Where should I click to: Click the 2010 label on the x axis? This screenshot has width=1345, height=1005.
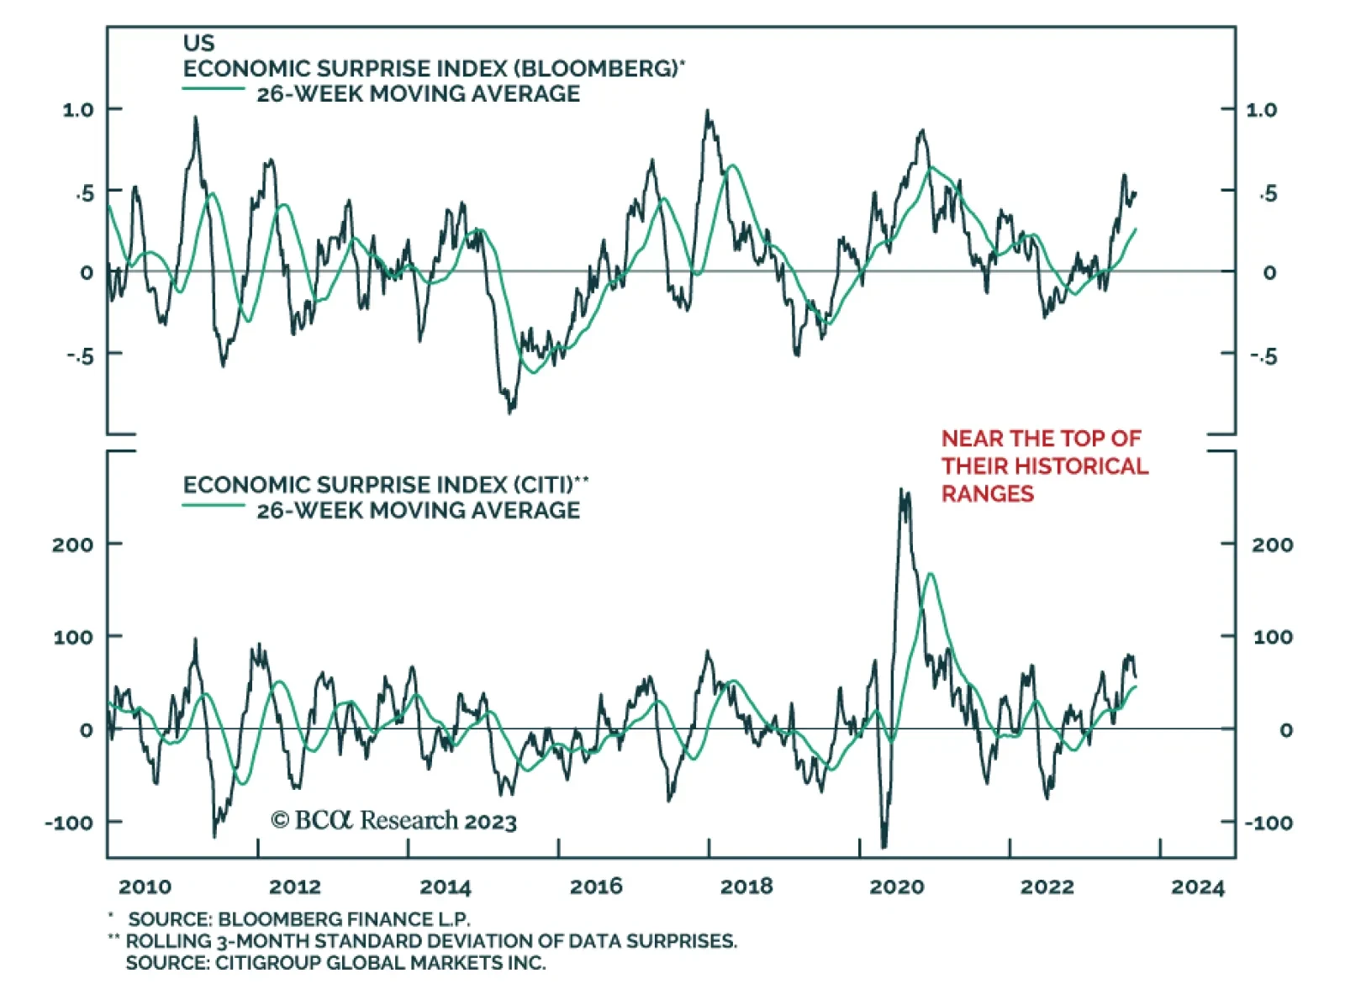click(145, 887)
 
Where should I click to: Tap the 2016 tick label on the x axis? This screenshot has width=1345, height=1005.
click(596, 887)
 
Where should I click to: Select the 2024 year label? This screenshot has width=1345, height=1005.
click(1198, 887)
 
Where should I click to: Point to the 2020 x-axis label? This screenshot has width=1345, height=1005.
click(897, 887)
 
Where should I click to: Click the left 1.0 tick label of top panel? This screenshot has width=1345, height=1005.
click(78, 110)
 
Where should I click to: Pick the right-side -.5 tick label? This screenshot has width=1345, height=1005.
click(1263, 356)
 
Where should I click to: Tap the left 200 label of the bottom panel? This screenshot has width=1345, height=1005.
click(72, 545)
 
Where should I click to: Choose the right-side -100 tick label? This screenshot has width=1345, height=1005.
click(1269, 823)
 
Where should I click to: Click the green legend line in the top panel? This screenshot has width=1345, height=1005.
click(214, 88)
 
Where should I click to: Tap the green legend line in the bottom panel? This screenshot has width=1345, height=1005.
click(214, 505)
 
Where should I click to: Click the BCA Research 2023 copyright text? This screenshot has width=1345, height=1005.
click(393, 820)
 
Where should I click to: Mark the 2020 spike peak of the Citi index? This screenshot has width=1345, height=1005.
click(902, 490)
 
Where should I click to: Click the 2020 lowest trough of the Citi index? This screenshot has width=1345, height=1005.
click(883, 847)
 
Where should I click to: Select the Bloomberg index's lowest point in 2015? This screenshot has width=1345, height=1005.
click(510, 412)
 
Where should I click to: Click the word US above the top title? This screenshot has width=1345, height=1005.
click(198, 43)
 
